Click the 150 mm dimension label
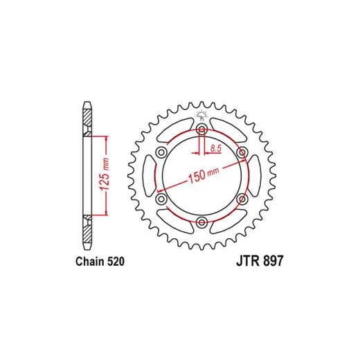(204, 174)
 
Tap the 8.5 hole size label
(216, 148)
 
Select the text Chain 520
(100, 262)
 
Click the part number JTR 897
(260, 261)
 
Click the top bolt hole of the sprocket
(201, 129)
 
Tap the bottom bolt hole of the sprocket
(201, 222)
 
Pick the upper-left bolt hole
(161, 152)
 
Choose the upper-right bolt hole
(242, 152)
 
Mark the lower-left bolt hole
(161, 199)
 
